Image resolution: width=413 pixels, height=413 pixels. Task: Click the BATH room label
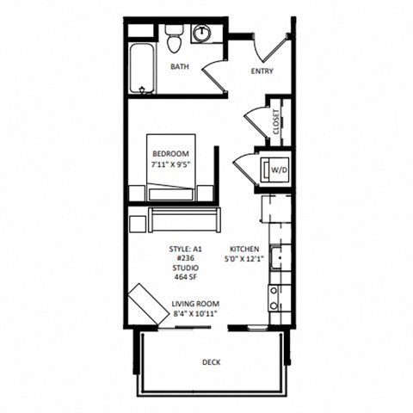coord(180,66)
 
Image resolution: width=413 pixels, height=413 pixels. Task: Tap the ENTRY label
coord(262,71)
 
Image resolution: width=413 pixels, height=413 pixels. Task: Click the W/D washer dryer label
coord(279,170)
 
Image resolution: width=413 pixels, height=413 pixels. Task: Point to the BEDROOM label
coord(170,153)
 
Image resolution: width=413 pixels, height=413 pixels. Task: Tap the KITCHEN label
coord(244,247)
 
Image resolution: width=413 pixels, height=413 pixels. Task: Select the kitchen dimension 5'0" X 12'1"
coord(244,257)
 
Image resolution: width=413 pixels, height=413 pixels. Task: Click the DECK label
coord(211,363)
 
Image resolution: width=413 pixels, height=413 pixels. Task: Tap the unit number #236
coord(184,257)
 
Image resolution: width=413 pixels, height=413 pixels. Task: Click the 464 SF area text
coord(184,277)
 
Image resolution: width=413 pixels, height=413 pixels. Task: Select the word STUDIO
coord(184,268)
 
